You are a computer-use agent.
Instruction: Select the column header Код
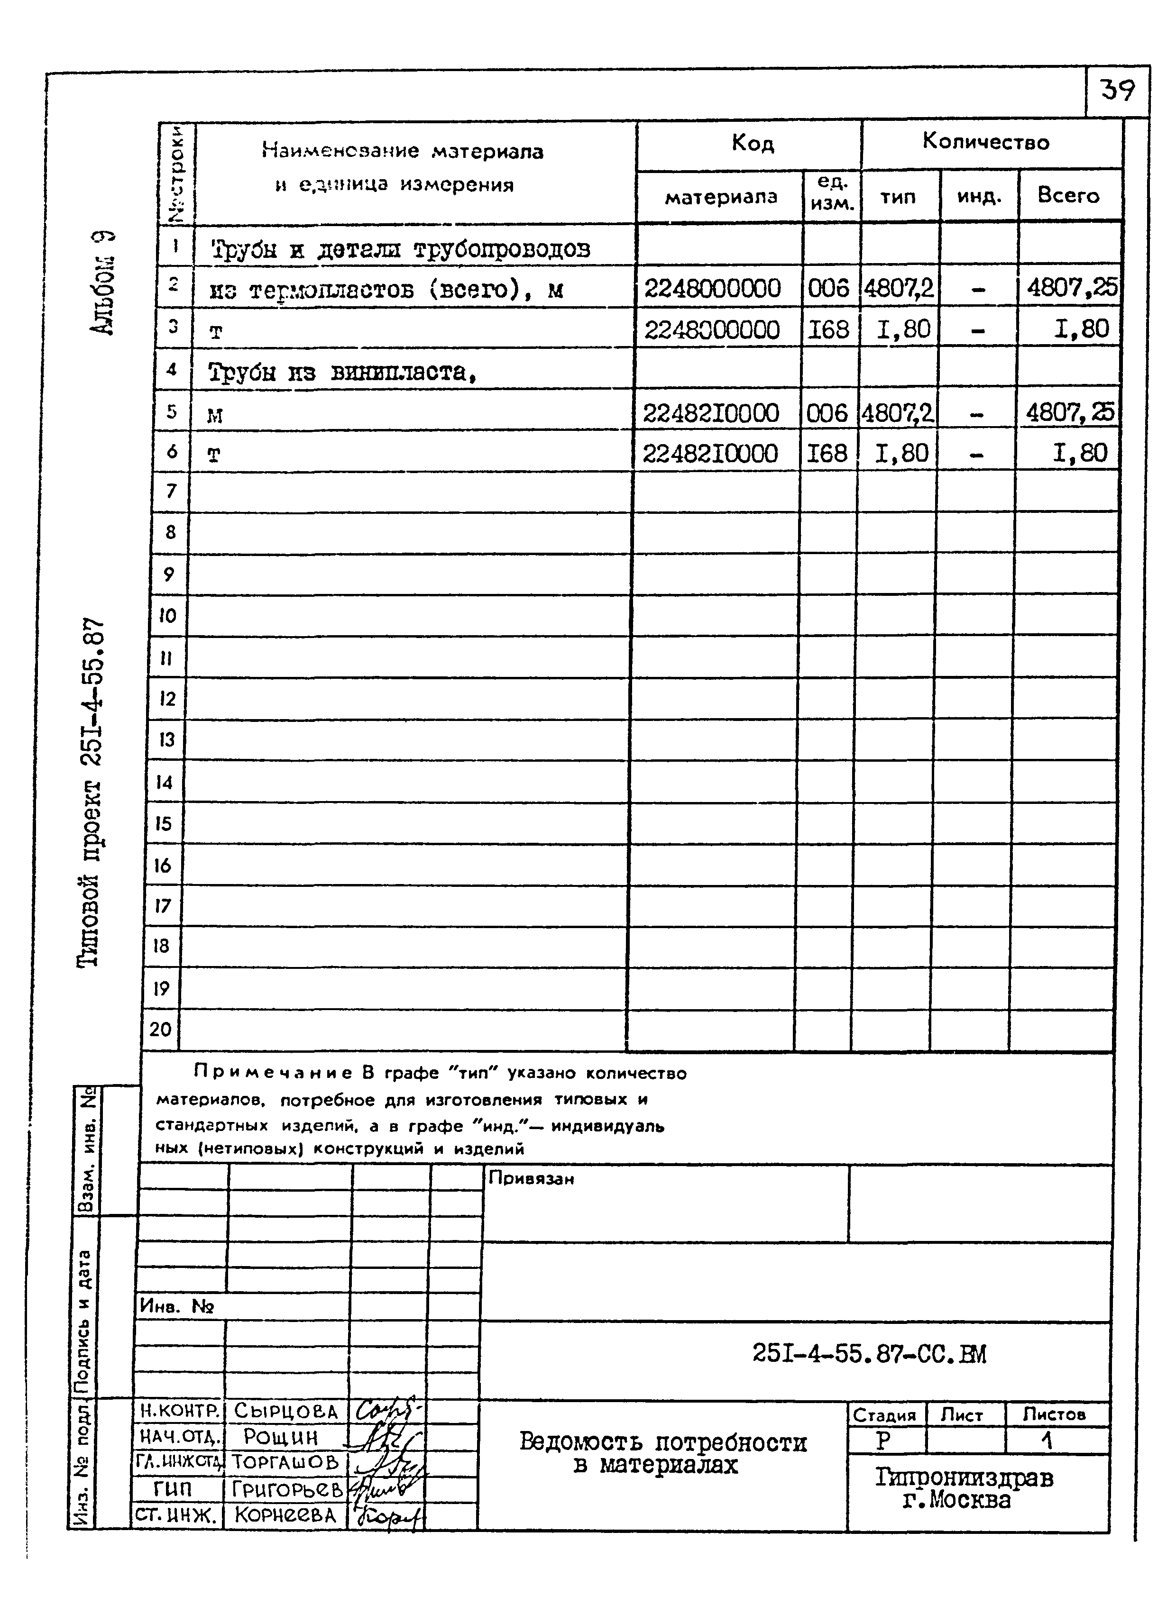coord(752,144)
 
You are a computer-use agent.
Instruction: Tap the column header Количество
coord(985,142)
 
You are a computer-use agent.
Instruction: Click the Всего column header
coord(1068,195)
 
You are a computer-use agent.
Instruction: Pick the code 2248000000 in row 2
coord(712,288)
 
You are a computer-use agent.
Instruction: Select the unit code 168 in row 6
coord(827,454)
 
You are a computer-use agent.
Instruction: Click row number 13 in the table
coord(167,739)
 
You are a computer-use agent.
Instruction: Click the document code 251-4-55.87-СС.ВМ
coord(869,1354)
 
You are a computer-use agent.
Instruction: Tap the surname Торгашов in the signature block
coord(285,1462)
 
